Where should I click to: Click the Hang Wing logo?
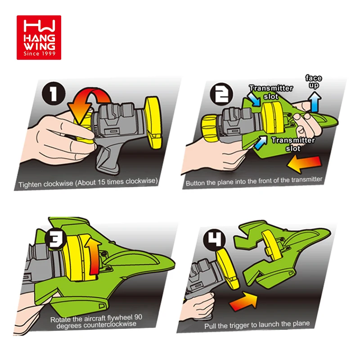(39, 37)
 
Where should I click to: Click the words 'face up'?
(313, 81)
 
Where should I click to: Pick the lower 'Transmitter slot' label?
(293, 144)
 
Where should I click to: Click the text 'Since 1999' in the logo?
(39, 54)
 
